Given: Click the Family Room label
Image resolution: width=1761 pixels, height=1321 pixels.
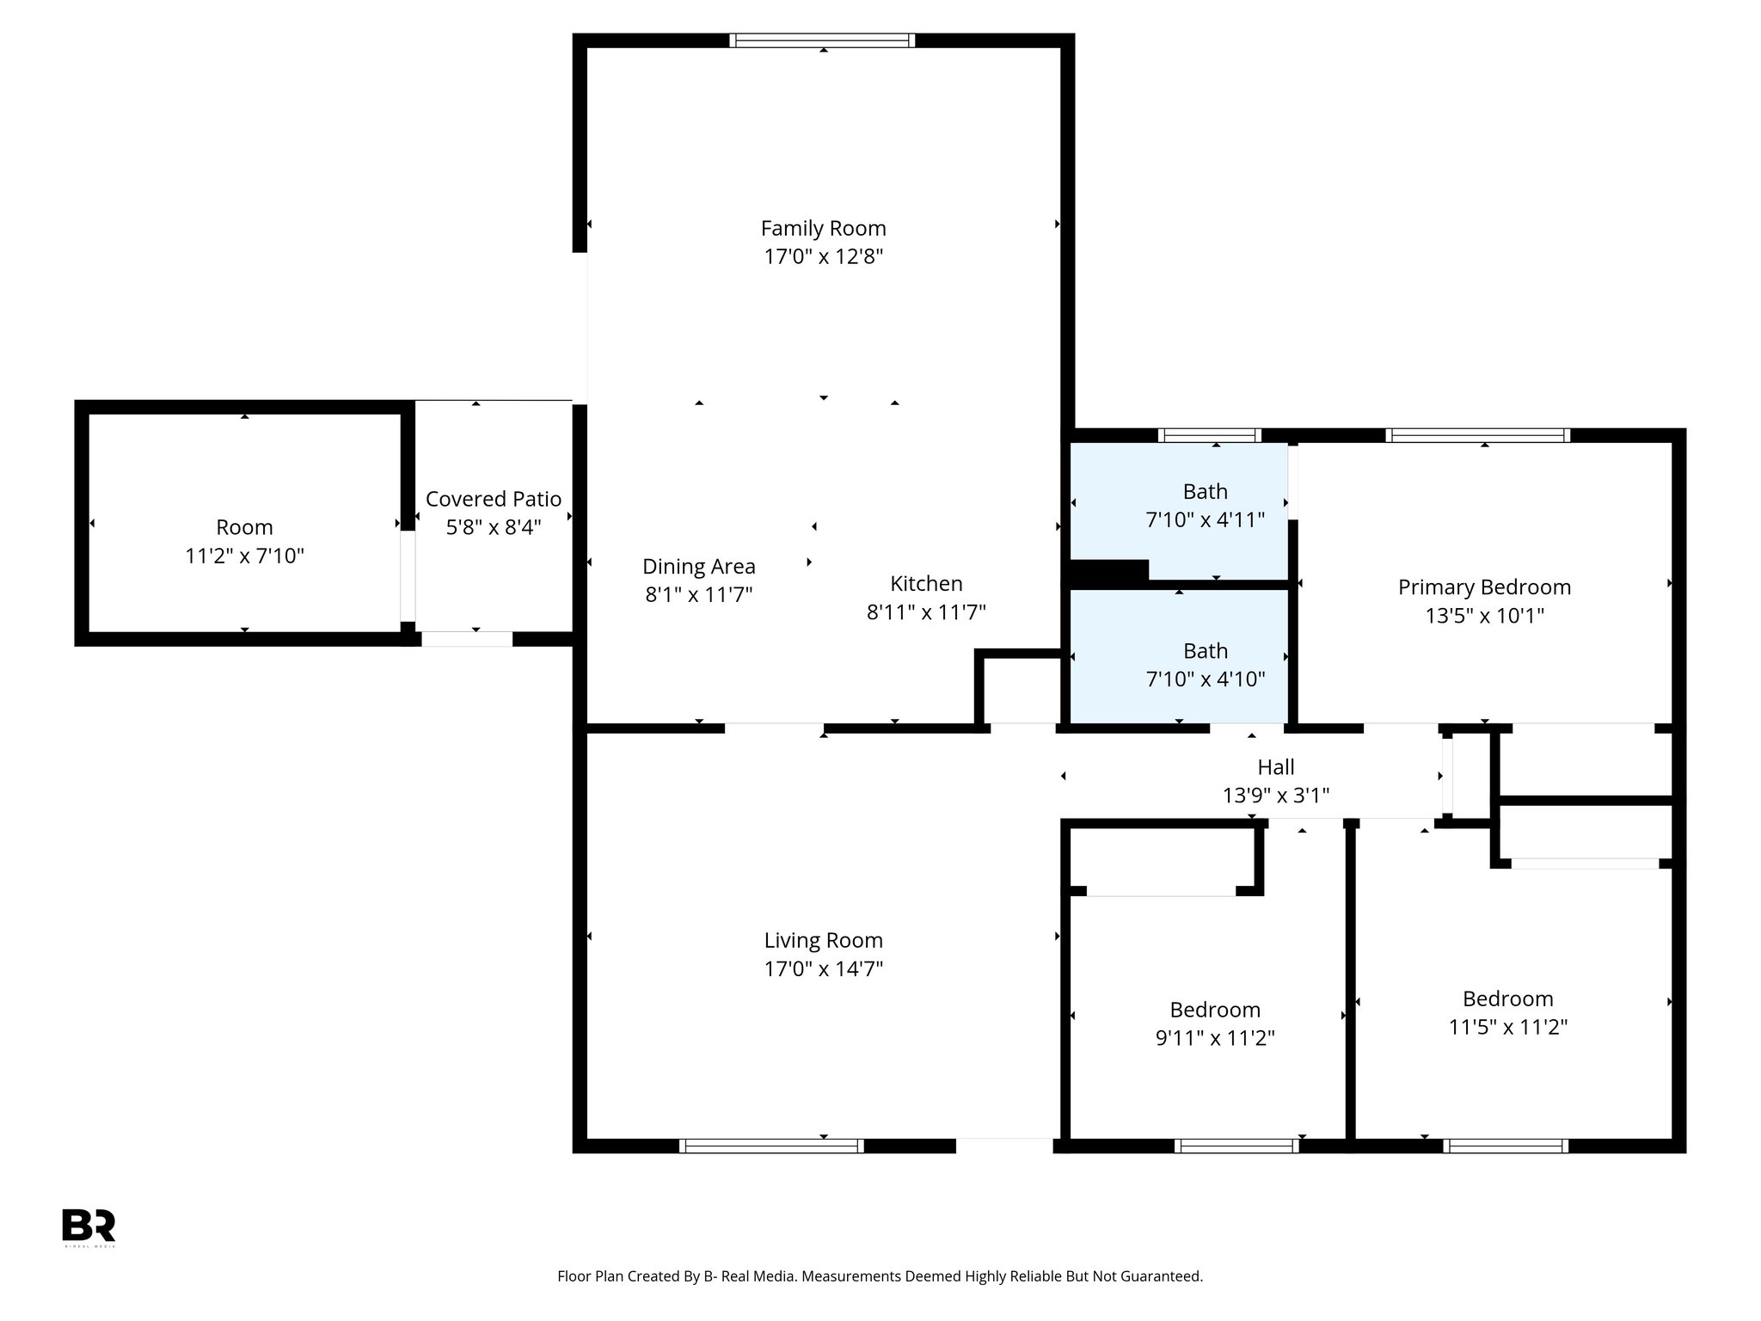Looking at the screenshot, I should coord(823,229).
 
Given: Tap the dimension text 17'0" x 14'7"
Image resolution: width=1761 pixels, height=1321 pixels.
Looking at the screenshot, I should coord(823,969).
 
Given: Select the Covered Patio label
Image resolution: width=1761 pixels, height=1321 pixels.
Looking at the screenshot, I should coord(494,499).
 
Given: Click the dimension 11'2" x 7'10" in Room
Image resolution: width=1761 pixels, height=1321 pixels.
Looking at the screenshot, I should coord(245,556).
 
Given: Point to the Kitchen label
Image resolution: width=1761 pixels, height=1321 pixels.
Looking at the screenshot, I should coord(926,584).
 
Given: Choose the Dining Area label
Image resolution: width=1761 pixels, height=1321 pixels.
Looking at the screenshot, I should coord(698,567).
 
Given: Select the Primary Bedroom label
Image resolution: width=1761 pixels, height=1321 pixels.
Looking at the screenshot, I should coord(1483,587).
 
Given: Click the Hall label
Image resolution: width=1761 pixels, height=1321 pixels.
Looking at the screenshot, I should coord(1275,767).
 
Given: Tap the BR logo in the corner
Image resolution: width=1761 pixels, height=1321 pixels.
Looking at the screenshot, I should coord(89,1226).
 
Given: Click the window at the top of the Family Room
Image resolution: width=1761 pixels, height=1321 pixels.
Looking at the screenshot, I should coord(822,40).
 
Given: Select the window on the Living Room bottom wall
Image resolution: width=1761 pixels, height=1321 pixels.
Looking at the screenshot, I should coord(771,1146).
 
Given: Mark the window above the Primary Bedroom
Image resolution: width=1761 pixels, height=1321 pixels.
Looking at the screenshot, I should coord(1477,436).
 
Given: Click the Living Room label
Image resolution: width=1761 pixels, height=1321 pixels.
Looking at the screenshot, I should coord(823,941).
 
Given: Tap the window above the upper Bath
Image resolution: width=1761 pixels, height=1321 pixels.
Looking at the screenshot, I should coord(1209,436).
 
